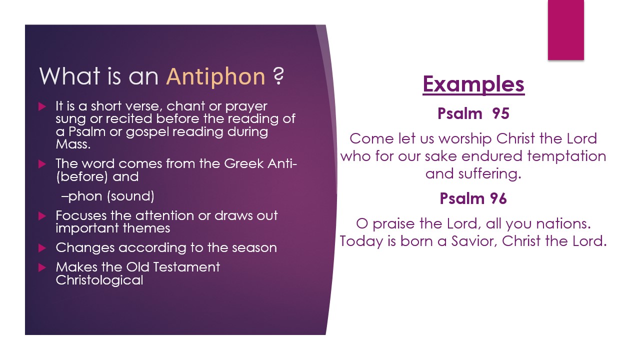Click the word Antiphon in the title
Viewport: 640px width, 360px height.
coord(215,77)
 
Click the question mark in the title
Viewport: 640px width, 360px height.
coord(278,77)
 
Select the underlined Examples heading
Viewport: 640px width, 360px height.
coord(473,84)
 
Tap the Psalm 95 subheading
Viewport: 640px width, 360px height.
coord(473,113)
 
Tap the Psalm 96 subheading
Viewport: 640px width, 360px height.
coord(473,198)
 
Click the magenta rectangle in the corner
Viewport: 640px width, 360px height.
coord(565,30)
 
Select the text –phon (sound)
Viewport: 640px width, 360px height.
coord(107,196)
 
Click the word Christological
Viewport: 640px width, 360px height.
coord(99,280)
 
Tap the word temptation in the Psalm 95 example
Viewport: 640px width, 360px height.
coord(567,156)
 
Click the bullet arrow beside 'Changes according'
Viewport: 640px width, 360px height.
coord(42,248)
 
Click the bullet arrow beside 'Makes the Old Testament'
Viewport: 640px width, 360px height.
coord(42,267)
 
